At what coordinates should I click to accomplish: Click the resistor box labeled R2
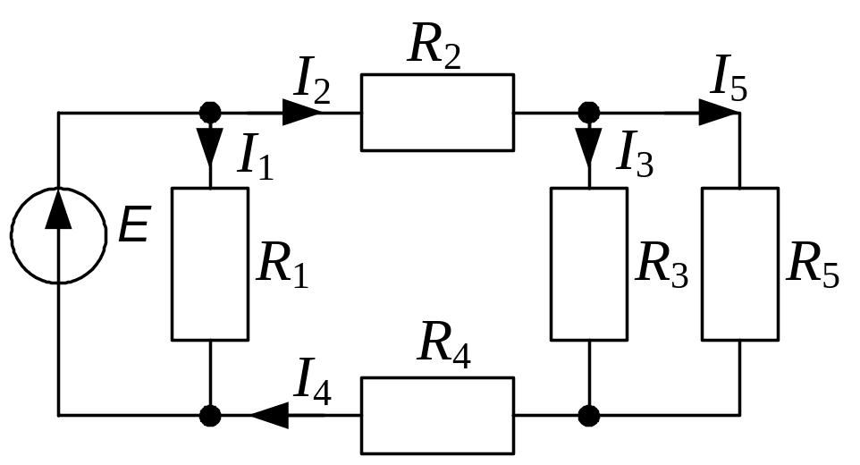[x=437, y=113]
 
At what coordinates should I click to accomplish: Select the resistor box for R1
[x=209, y=264]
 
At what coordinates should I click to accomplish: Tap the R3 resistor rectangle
[x=588, y=264]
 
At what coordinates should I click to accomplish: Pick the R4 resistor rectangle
[x=437, y=415]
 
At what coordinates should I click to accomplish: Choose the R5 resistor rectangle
[x=739, y=264]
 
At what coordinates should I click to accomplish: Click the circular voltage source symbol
[x=58, y=234]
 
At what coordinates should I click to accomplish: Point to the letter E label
[x=134, y=228]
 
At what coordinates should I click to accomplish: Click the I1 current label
[x=254, y=158]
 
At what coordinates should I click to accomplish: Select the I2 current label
[x=312, y=83]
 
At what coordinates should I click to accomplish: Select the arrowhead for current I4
[x=269, y=415]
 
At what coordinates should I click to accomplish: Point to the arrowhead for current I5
[x=718, y=113]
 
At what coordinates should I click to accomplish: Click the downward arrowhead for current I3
[x=588, y=146]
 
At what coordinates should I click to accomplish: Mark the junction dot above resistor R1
[x=209, y=113]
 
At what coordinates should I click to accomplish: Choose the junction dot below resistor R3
[x=588, y=415]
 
